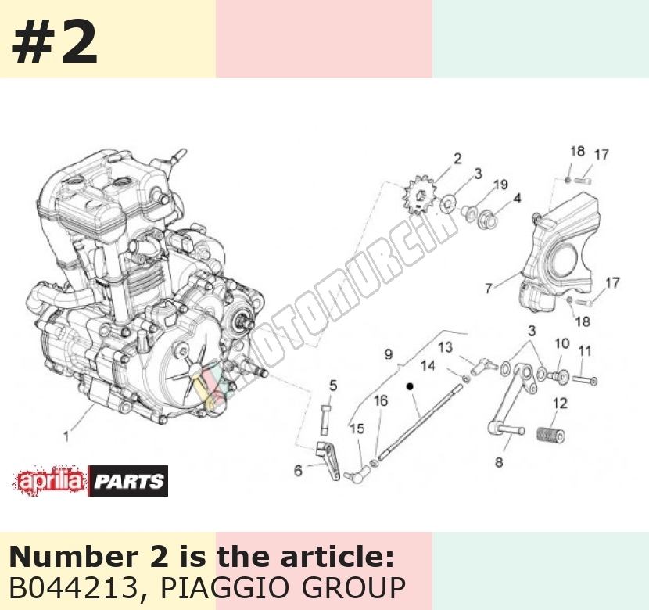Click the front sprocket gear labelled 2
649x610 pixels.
(x=418, y=195)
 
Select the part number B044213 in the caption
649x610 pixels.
(x=74, y=587)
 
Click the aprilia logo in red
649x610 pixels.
(x=50, y=481)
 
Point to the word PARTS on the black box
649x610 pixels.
(x=128, y=481)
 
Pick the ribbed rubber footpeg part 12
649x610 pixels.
(x=551, y=435)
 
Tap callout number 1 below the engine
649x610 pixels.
(x=66, y=436)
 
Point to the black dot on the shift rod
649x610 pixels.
(x=410, y=386)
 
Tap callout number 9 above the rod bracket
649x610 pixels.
(x=389, y=354)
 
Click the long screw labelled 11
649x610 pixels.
(x=585, y=379)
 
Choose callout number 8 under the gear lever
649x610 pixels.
(x=499, y=462)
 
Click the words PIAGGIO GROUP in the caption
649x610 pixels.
(x=283, y=587)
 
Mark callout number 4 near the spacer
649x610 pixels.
(x=517, y=198)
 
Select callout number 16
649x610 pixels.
(x=381, y=400)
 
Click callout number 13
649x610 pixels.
(x=446, y=346)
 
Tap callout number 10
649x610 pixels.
(x=561, y=343)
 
